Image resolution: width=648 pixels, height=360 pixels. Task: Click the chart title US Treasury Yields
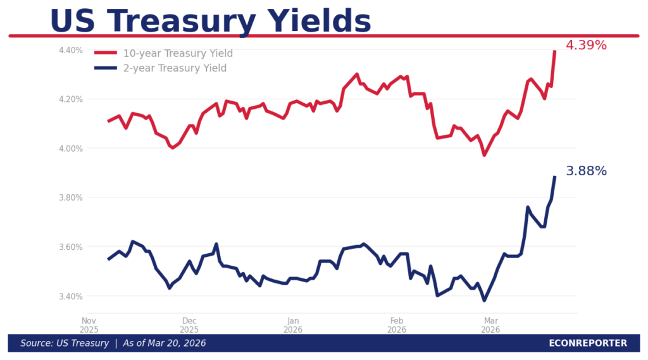pyautogui.click(x=210, y=21)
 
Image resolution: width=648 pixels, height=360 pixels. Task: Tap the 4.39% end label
pyautogui.click(x=586, y=46)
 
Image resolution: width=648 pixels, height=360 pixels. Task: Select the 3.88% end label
pyautogui.click(x=586, y=171)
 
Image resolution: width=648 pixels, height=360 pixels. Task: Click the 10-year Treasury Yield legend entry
pyautogui.click(x=178, y=53)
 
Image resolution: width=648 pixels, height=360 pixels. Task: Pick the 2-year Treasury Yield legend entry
pyautogui.click(x=175, y=68)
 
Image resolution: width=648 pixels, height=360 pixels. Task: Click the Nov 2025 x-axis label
pyautogui.click(x=89, y=325)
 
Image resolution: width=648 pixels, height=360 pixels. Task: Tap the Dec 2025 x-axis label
pyautogui.click(x=189, y=325)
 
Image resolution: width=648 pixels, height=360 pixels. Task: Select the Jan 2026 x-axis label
pyautogui.click(x=293, y=325)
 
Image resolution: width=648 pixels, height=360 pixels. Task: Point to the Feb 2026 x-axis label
pyautogui.click(x=397, y=325)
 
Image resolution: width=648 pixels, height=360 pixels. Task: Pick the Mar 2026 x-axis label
pyautogui.click(x=490, y=325)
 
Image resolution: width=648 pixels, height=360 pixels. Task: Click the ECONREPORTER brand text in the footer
pyautogui.click(x=588, y=344)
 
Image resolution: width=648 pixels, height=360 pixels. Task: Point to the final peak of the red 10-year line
pyautogui.click(x=555, y=51)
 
